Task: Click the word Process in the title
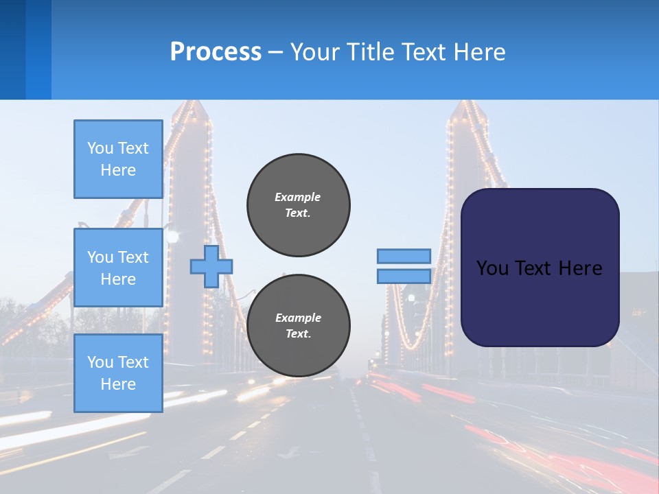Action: click(216, 52)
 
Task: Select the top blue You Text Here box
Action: click(118, 159)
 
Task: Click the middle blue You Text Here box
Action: click(118, 268)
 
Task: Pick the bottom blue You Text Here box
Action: click(118, 373)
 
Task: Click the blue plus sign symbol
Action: click(211, 266)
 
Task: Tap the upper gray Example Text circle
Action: click(299, 205)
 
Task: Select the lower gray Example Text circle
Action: click(299, 326)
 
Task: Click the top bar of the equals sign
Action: click(404, 256)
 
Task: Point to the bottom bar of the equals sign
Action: click(404, 276)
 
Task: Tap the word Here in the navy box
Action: click(580, 268)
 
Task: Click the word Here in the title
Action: click(481, 52)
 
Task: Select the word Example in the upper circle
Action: click(298, 197)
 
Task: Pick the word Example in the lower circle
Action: click(298, 318)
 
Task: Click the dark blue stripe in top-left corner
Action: click(12, 49)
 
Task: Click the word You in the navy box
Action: click(492, 268)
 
